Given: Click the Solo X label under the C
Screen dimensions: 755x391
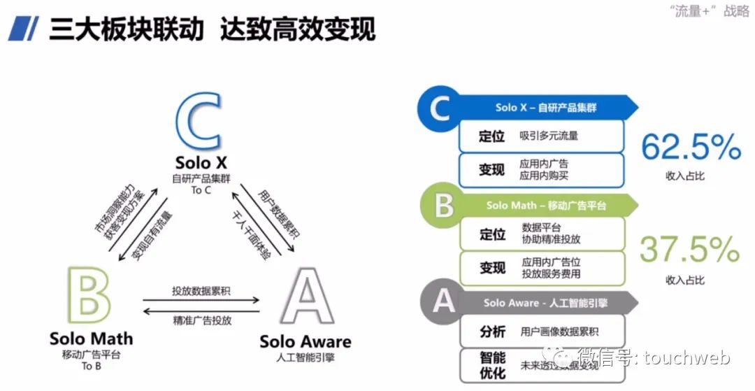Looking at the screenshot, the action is click(x=202, y=163).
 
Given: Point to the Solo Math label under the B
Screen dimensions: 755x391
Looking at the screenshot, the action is click(x=91, y=339).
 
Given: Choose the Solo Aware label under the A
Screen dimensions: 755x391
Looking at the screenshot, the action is click(x=305, y=341).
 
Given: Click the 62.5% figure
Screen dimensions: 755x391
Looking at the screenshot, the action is click(x=691, y=148).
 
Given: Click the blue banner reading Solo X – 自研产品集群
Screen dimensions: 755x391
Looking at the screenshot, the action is click(x=546, y=108).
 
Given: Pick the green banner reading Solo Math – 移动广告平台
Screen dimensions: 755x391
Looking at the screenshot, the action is click(x=546, y=206).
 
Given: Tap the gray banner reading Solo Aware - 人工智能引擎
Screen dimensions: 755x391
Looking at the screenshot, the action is click(x=546, y=303).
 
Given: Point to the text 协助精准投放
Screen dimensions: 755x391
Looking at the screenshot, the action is click(x=551, y=239).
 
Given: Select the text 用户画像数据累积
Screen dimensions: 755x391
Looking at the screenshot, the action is click(x=559, y=332).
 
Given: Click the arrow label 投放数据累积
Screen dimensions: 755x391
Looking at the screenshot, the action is click(x=201, y=291).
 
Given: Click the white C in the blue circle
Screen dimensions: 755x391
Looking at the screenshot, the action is click(x=439, y=110).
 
